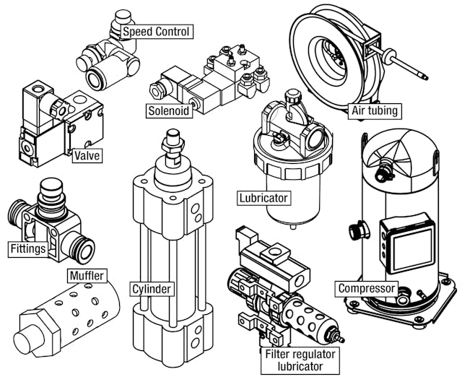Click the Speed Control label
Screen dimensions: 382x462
click(156, 32)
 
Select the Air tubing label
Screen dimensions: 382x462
click(375, 110)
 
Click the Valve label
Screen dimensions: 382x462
click(87, 155)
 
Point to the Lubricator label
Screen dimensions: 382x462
click(263, 197)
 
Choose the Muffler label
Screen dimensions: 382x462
click(87, 275)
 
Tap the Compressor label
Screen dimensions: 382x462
click(367, 289)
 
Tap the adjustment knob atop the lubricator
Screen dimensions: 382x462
click(292, 97)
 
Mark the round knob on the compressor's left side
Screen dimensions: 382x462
click(355, 231)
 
